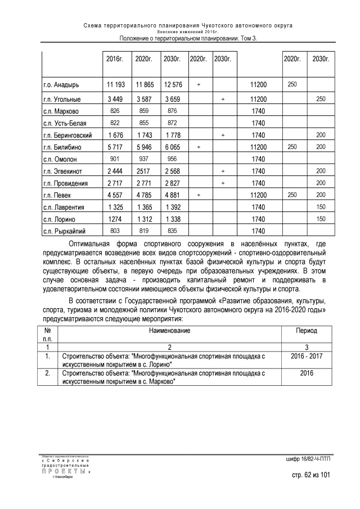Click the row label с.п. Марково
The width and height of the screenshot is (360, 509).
[x=61, y=111]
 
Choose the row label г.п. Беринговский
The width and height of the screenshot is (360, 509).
[x=67, y=136]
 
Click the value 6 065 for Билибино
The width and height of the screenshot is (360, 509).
[x=172, y=147]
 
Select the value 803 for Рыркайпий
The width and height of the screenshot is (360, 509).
[x=115, y=231]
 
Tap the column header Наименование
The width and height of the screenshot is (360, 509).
[x=169, y=331]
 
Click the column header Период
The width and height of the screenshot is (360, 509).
[x=307, y=331]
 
